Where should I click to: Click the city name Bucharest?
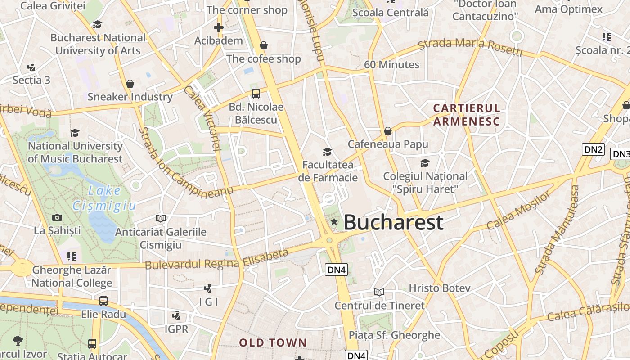point(394,222)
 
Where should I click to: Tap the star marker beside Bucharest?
point(334,221)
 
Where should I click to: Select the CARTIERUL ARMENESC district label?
point(467,115)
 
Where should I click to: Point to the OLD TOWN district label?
point(273,343)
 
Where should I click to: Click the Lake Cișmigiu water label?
point(104,198)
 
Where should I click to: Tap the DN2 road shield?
point(593,149)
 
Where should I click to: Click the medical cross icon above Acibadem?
point(219,27)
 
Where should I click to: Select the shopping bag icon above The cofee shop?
point(264,45)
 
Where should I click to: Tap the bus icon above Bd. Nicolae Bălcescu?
point(256,94)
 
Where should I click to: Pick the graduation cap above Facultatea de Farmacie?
point(327,152)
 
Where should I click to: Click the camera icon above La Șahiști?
point(57,218)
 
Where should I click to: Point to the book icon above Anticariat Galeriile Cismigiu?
point(161,219)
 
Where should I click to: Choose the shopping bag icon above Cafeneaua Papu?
point(388,131)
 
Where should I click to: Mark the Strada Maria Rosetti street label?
point(470,46)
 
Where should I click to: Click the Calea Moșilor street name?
point(518,211)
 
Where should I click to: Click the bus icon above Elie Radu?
point(103,301)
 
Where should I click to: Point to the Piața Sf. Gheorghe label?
point(395,335)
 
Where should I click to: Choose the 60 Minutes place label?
point(391,65)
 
